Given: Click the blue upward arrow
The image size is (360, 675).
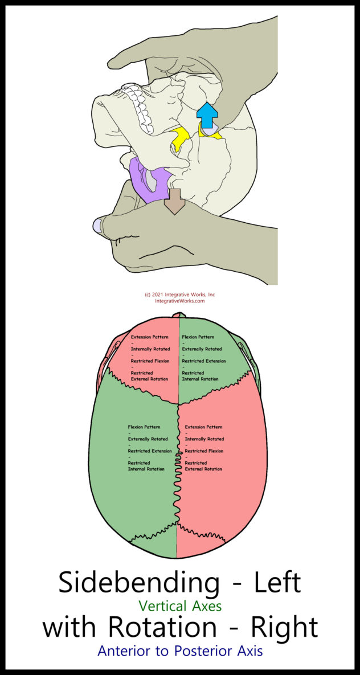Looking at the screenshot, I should pos(207,115).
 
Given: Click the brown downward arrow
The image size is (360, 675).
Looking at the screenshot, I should pos(175,201).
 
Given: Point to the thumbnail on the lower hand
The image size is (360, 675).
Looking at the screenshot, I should pos(97,226).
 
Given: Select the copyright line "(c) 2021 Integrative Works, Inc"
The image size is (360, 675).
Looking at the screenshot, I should pos(180,294).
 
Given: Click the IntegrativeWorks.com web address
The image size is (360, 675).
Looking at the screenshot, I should pos(180,301).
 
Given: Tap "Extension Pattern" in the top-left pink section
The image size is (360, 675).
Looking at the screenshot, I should pos(150,337).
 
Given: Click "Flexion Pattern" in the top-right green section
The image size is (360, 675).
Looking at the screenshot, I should pos(199,337).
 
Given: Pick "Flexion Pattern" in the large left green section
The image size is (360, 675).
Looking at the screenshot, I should pos(144,427).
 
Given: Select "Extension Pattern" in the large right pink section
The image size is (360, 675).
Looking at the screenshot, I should pos(204,427).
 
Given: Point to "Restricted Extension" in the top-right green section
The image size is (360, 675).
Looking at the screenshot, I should pos(204,361).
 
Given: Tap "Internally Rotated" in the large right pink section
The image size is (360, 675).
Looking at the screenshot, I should pos(204,439).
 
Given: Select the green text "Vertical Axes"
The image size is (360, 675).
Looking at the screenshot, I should pos(180,607).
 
